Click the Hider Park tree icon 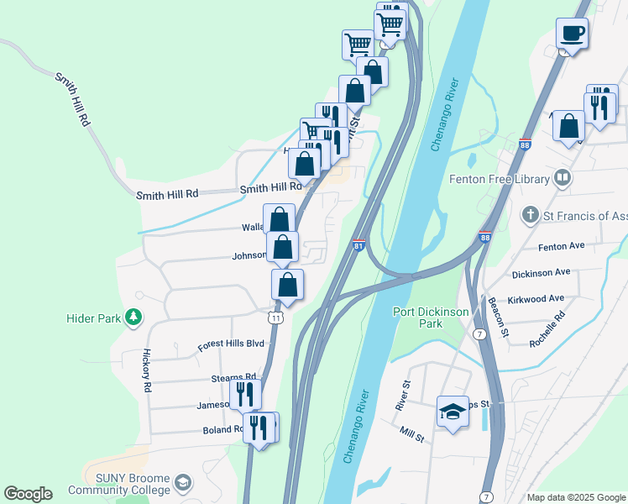click(x=132, y=318)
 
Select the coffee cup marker click(x=572, y=34)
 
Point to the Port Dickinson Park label click(x=432, y=318)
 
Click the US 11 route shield click(x=275, y=317)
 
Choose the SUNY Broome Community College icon click(x=183, y=484)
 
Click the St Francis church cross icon click(x=530, y=216)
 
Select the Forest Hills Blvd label click(x=231, y=344)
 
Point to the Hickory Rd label click(x=146, y=370)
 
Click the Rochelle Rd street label click(x=547, y=329)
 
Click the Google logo click(x=28, y=494)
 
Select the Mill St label click(x=412, y=434)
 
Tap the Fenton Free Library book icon click(x=562, y=178)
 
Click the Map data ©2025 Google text click(x=575, y=497)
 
